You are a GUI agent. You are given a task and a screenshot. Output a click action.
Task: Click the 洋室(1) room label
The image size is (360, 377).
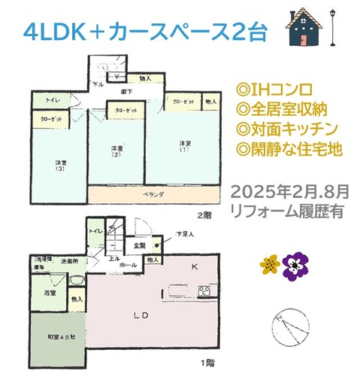pos(185,146)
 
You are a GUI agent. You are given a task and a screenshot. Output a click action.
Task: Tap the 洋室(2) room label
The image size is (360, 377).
pos(116,154)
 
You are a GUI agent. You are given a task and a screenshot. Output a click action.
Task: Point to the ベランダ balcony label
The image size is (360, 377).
pos(153,195)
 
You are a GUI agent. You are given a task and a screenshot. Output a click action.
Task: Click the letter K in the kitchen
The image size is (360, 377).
pos(193,267)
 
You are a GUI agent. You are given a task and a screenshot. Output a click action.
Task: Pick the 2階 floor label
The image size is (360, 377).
pos(202,214)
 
